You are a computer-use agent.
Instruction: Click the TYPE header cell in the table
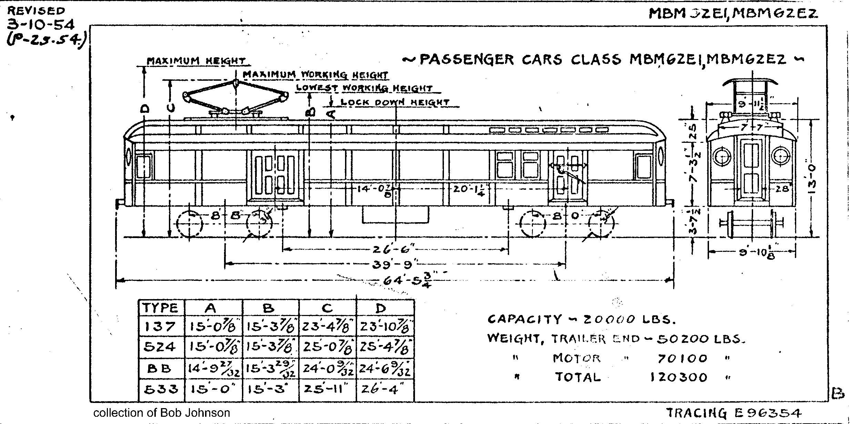pos(161,308)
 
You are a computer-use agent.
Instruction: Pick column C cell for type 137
pos(327,326)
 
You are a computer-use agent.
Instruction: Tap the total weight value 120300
pos(679,377)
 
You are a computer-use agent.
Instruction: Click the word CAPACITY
pos(524,319)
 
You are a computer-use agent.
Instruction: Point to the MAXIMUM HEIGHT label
pos(196,61)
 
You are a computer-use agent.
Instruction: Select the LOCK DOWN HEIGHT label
pos(395,102)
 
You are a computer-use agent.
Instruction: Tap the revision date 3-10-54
pos(40,25)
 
